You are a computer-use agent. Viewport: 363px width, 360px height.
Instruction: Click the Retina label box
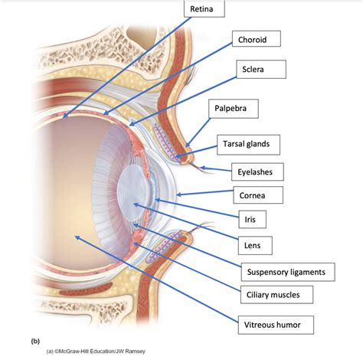204,9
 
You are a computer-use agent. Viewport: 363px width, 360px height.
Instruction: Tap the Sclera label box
260,69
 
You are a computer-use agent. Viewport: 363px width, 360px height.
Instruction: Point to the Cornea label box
257,195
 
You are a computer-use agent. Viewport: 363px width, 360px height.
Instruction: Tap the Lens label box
253,245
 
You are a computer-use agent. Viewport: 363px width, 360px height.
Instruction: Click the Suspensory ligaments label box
287,271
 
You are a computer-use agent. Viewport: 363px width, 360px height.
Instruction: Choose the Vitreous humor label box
278,325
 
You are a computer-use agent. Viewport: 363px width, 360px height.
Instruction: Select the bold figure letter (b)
35,339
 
